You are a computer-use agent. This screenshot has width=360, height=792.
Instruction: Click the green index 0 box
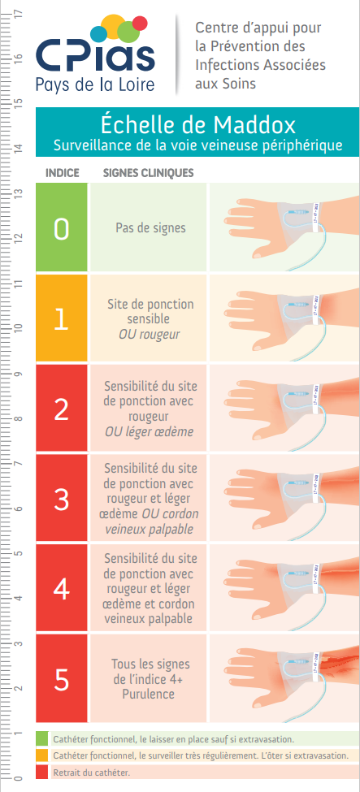61,227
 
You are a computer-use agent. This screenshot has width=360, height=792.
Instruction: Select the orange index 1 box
61,319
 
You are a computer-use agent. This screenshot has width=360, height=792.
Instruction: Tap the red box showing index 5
61,678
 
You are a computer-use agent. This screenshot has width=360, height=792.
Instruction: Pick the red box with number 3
61,499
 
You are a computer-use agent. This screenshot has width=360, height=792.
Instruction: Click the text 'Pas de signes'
150,228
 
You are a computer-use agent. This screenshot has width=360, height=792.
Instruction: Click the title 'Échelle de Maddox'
197,124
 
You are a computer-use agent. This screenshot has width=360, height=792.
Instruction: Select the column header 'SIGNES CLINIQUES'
148,173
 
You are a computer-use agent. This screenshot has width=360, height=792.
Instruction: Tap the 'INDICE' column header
63,173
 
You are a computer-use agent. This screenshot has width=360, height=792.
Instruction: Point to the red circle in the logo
140,24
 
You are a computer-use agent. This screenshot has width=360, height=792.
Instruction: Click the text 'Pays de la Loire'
95,84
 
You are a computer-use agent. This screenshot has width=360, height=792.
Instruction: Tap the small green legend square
42,738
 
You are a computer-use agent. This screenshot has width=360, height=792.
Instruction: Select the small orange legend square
42,755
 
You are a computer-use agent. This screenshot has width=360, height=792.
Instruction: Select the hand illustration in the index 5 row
291,673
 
